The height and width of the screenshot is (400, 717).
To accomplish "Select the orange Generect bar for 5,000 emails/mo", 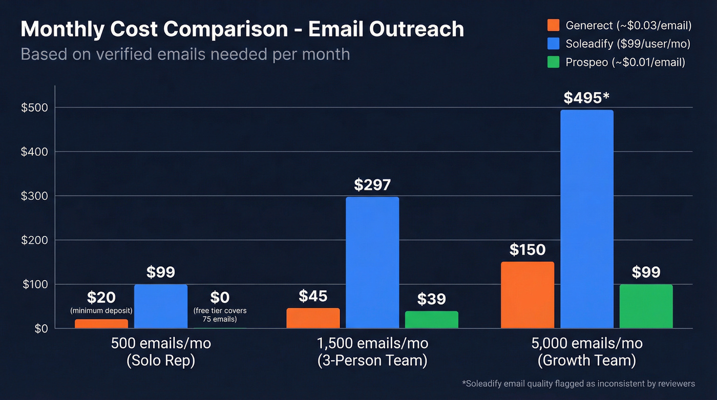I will [x=528, y=295].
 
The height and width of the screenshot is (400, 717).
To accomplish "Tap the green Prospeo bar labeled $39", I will [x=431, y=320].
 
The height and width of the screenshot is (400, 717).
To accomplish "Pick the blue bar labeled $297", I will [x=372, y=262].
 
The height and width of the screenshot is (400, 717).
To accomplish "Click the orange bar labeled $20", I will [x=101, y=324].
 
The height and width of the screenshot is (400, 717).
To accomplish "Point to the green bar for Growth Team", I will [x=646, y=306].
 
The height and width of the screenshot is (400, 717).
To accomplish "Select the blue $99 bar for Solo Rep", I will [x=160, y=306].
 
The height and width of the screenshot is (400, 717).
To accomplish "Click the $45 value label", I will [x=313, y=296].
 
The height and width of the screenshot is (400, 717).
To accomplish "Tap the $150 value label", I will [x=528, y=249].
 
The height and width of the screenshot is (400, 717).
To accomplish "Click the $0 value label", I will [x=220, y=297].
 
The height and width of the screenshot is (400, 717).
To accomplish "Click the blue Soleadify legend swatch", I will [x=553, y=44].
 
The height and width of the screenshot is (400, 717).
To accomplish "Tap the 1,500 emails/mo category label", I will [x=372, y=343].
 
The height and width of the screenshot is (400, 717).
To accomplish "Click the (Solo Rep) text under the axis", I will [x=160, y=361].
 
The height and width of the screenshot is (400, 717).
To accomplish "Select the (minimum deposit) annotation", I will [x=101, y=310].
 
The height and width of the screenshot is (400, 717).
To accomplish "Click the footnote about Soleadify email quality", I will [x=578, y=383].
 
